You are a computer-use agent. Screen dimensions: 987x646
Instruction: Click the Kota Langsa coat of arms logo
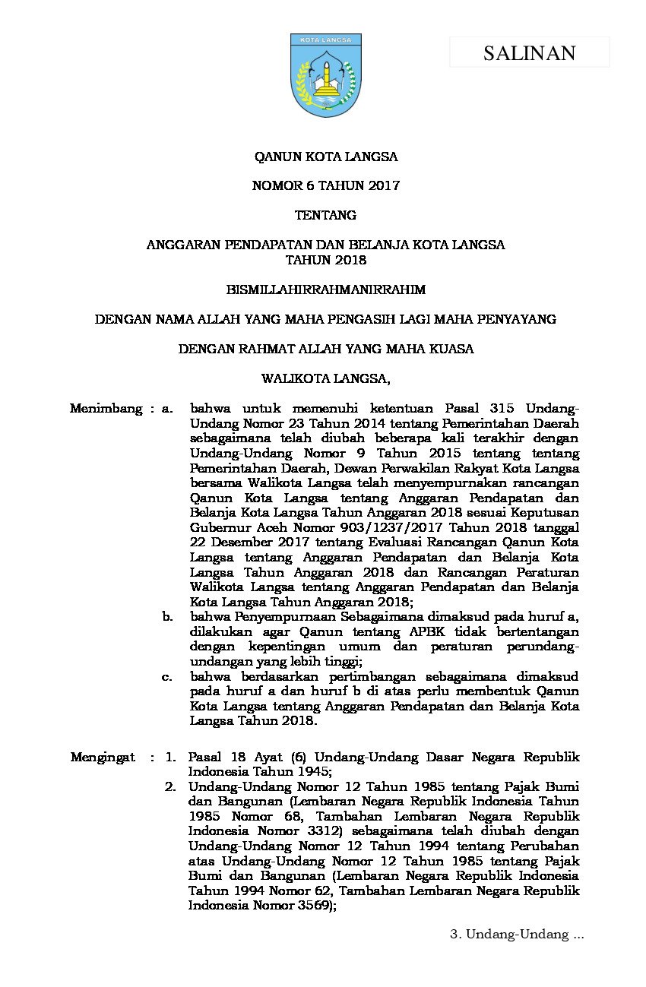[x=326, y=74]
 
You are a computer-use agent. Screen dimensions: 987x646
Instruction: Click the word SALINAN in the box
[x=529, y=52]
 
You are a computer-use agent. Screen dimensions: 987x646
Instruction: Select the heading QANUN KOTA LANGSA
[x=325, y=157]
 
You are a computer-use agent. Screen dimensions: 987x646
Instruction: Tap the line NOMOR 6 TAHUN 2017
[x=325, y=186]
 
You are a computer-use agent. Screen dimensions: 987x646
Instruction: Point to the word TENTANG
[x=325, y=215]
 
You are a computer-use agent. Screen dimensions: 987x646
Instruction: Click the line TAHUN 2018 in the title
[x=325, y=260]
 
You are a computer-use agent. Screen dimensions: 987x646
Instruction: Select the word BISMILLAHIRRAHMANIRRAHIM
[x=325, y=289]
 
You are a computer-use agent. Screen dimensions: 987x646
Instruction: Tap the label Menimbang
[x=106, y=409]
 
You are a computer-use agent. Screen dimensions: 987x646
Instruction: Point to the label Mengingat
[x=103, y=757]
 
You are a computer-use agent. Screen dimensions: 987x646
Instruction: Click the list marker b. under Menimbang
[x=167, y=617]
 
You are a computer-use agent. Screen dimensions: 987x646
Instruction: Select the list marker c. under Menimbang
[x=167, y=676]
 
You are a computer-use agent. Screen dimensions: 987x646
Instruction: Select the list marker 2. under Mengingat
[x=170, y=786]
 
